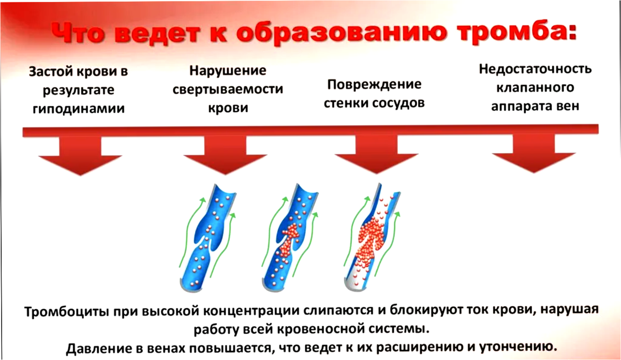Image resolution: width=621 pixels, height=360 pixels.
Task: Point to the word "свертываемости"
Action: pyautogui.click(x=228, y=88)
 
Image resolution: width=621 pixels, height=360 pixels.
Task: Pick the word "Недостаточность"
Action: pyautogui.click(x=535, y=69)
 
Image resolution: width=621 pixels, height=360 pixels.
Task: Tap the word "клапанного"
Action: pyautogui.click(x=535, y=87)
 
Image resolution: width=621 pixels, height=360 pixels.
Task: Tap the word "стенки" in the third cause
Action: pyautogui.click(x=345, y=102)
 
